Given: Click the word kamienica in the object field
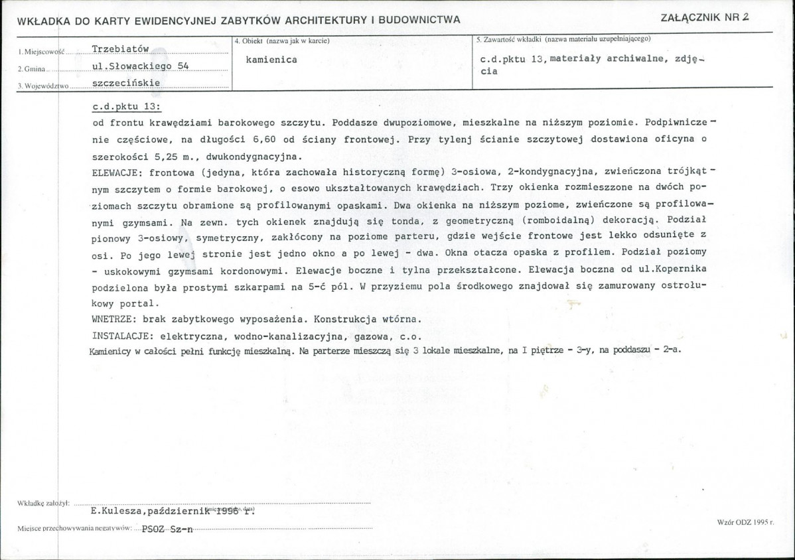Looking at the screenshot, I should point(271,59).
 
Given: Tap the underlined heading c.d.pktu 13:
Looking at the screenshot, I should point(127,107).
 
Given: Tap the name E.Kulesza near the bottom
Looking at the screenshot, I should point(115,512).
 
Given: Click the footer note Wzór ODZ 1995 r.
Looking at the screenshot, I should point(746,523).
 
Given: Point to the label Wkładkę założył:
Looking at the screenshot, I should point(40,504).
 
